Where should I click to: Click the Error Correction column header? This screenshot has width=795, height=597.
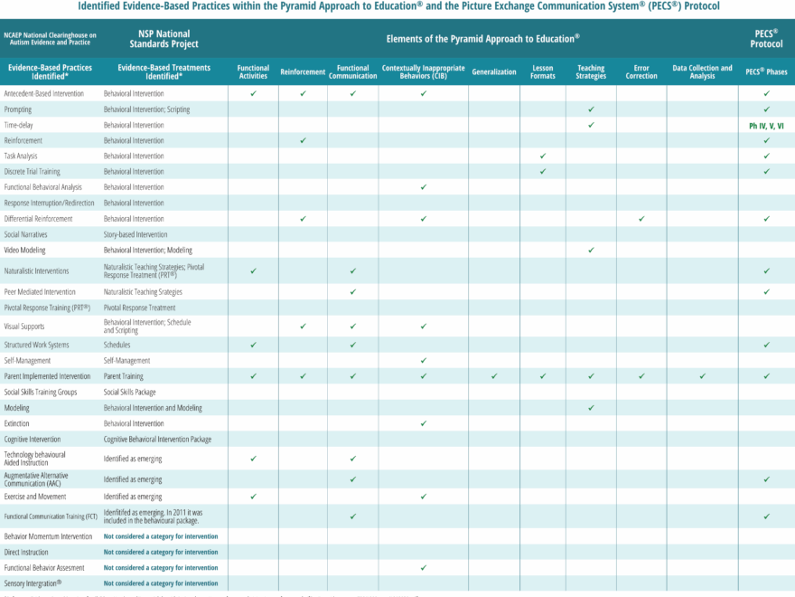641,71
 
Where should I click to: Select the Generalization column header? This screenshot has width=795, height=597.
494,71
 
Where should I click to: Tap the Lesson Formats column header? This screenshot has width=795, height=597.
543,71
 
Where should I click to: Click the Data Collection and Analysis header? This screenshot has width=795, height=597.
702,71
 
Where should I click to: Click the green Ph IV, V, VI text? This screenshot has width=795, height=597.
766,126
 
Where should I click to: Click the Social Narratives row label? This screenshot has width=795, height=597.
25,234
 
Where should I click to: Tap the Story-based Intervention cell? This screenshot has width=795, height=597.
136,234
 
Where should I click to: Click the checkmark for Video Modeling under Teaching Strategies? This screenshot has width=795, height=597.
591,250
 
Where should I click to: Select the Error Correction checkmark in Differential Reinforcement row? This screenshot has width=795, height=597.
641,219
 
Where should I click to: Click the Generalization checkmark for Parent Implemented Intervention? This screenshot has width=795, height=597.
494,375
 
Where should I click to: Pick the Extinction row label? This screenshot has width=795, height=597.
16,423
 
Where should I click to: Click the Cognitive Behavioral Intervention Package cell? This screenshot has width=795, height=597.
157,439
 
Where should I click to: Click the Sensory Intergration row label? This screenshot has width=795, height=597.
33,583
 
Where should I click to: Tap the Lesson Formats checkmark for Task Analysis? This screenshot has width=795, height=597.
543,156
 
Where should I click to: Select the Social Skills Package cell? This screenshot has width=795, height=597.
129,392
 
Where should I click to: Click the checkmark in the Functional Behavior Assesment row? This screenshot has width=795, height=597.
423,567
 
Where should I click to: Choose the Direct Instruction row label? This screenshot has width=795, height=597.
26,552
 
